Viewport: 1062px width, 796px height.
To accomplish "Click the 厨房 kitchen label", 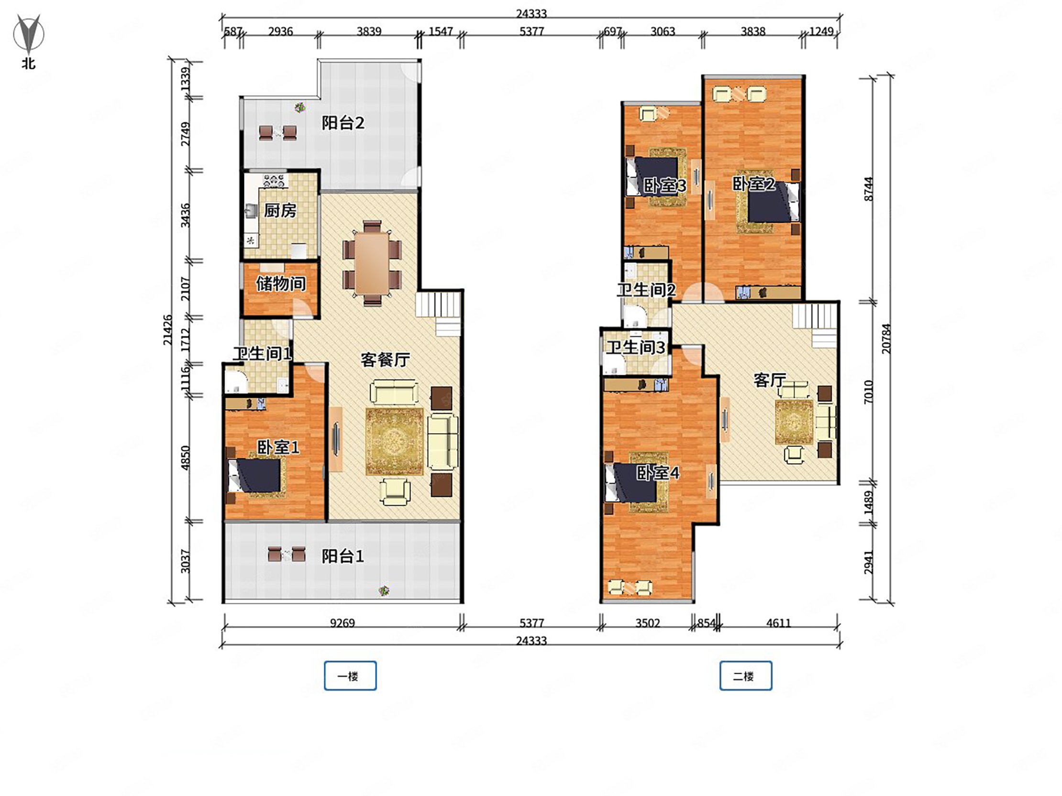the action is pos(280,210).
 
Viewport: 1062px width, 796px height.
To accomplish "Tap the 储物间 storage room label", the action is pos(281,284).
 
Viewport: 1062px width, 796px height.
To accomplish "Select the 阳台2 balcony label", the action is pos(343,123).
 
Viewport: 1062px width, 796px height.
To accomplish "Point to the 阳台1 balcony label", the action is pos(343,556).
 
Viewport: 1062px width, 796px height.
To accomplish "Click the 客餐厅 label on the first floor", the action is pos(385,360).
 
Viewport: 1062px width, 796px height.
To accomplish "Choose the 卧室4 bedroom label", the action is pos(658,473).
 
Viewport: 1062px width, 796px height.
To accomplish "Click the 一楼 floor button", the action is pos(350,676).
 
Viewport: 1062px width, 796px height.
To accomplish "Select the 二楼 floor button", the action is pos(746,676).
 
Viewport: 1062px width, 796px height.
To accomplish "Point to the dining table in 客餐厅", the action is pos(372,263).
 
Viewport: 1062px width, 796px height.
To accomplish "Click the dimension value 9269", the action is pos(343,623).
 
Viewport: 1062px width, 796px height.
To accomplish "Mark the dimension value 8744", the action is pos(868,189).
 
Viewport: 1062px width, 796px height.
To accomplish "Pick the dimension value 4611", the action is pos(778,623).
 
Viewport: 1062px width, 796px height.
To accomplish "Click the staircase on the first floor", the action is pos(438,314).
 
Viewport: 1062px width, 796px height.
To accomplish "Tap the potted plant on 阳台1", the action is pos(383,590).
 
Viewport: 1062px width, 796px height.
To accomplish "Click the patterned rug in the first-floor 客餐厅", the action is pos(395,441).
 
